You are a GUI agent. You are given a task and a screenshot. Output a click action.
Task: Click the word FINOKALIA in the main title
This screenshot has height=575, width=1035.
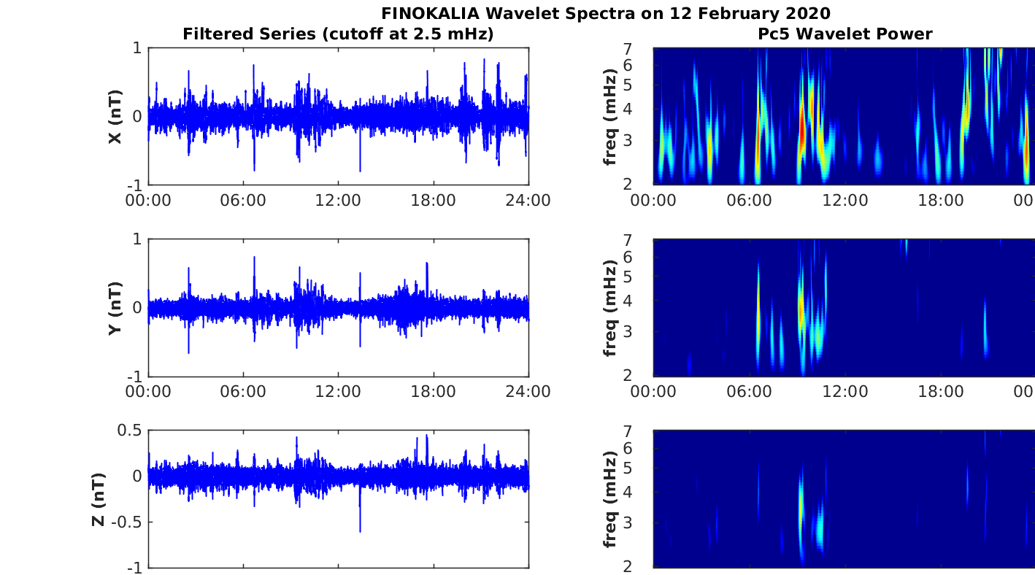tap(430, 14)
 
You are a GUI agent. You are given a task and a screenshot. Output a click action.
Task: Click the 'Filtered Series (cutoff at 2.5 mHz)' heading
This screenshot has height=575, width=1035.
tap(338, 34)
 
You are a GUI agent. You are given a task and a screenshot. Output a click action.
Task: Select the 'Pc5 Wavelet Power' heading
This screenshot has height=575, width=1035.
tap(845, 34)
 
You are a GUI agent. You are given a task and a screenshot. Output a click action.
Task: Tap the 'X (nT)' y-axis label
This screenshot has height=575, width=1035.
tap(115, 117)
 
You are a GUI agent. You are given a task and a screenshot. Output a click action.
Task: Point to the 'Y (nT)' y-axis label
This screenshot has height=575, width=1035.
tap(115, 308)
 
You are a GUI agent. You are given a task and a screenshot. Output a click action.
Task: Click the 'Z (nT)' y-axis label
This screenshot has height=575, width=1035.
tap(99, 500)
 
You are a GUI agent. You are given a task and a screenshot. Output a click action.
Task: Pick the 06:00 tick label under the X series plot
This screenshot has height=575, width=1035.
tap(243, 201)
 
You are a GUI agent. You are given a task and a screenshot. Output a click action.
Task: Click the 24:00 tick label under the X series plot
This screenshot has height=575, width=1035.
tap(528, 201)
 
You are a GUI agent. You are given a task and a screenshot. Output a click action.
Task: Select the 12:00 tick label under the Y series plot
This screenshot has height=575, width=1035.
tap(338, 392)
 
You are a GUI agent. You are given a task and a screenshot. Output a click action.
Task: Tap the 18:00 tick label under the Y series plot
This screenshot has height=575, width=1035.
tap(434, 392)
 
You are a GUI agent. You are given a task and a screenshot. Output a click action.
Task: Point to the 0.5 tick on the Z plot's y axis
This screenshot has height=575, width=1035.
tap(129, 431)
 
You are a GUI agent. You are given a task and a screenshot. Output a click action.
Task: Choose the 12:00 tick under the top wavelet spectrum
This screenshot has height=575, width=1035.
tap(845, 201)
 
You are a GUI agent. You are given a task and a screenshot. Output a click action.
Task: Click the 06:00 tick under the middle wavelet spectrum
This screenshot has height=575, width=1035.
tap(749, 392)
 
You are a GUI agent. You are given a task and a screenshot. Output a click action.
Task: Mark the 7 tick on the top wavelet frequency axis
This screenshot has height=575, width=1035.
tap(628, 49)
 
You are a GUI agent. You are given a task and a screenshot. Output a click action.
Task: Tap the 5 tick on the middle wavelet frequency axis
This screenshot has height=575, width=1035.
tap(628, 277)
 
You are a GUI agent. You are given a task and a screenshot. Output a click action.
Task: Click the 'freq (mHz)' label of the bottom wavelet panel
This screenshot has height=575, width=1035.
tap(610, 500)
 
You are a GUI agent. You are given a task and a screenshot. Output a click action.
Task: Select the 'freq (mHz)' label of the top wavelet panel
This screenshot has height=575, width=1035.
tap(610, 117)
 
